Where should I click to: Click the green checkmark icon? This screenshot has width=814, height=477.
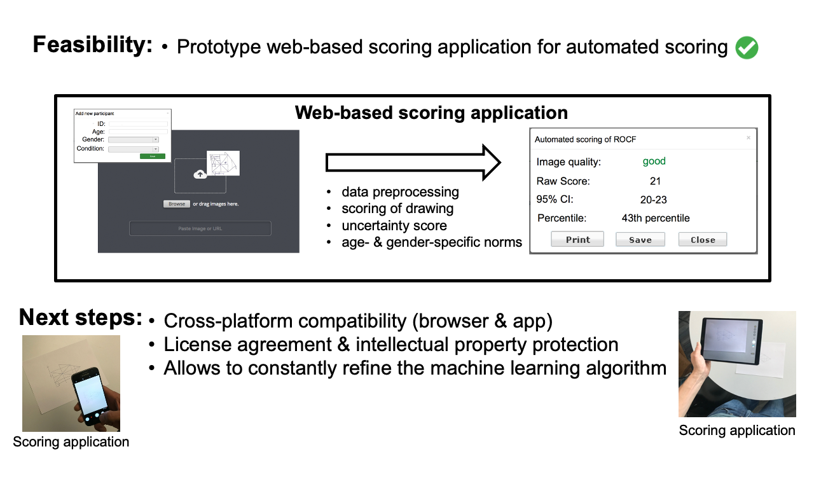[747, 48]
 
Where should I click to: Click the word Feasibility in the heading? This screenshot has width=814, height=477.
[93, 45]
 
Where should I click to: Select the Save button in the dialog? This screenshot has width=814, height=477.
[640, 240]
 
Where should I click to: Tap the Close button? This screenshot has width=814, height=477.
[702, 240]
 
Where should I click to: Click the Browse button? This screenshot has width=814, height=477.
[177, 204]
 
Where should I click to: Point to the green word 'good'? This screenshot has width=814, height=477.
[654, 162]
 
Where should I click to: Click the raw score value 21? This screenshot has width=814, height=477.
[655, 181]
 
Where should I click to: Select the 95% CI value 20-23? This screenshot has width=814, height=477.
[654, 200]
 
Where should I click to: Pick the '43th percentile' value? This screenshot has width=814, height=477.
[656, 218]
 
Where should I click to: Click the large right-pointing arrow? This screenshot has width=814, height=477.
[413, 163]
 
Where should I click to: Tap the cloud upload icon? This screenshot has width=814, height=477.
[200, 174]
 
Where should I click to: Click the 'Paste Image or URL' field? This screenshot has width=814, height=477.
[200, 228]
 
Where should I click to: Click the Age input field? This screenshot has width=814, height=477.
[138, 132]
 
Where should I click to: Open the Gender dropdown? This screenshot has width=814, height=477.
[134, 139]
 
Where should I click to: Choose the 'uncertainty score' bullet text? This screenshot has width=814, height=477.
[394, 226]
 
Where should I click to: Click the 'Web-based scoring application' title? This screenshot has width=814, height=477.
[431, 113]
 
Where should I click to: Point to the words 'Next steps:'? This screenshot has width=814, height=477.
[81, 317]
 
